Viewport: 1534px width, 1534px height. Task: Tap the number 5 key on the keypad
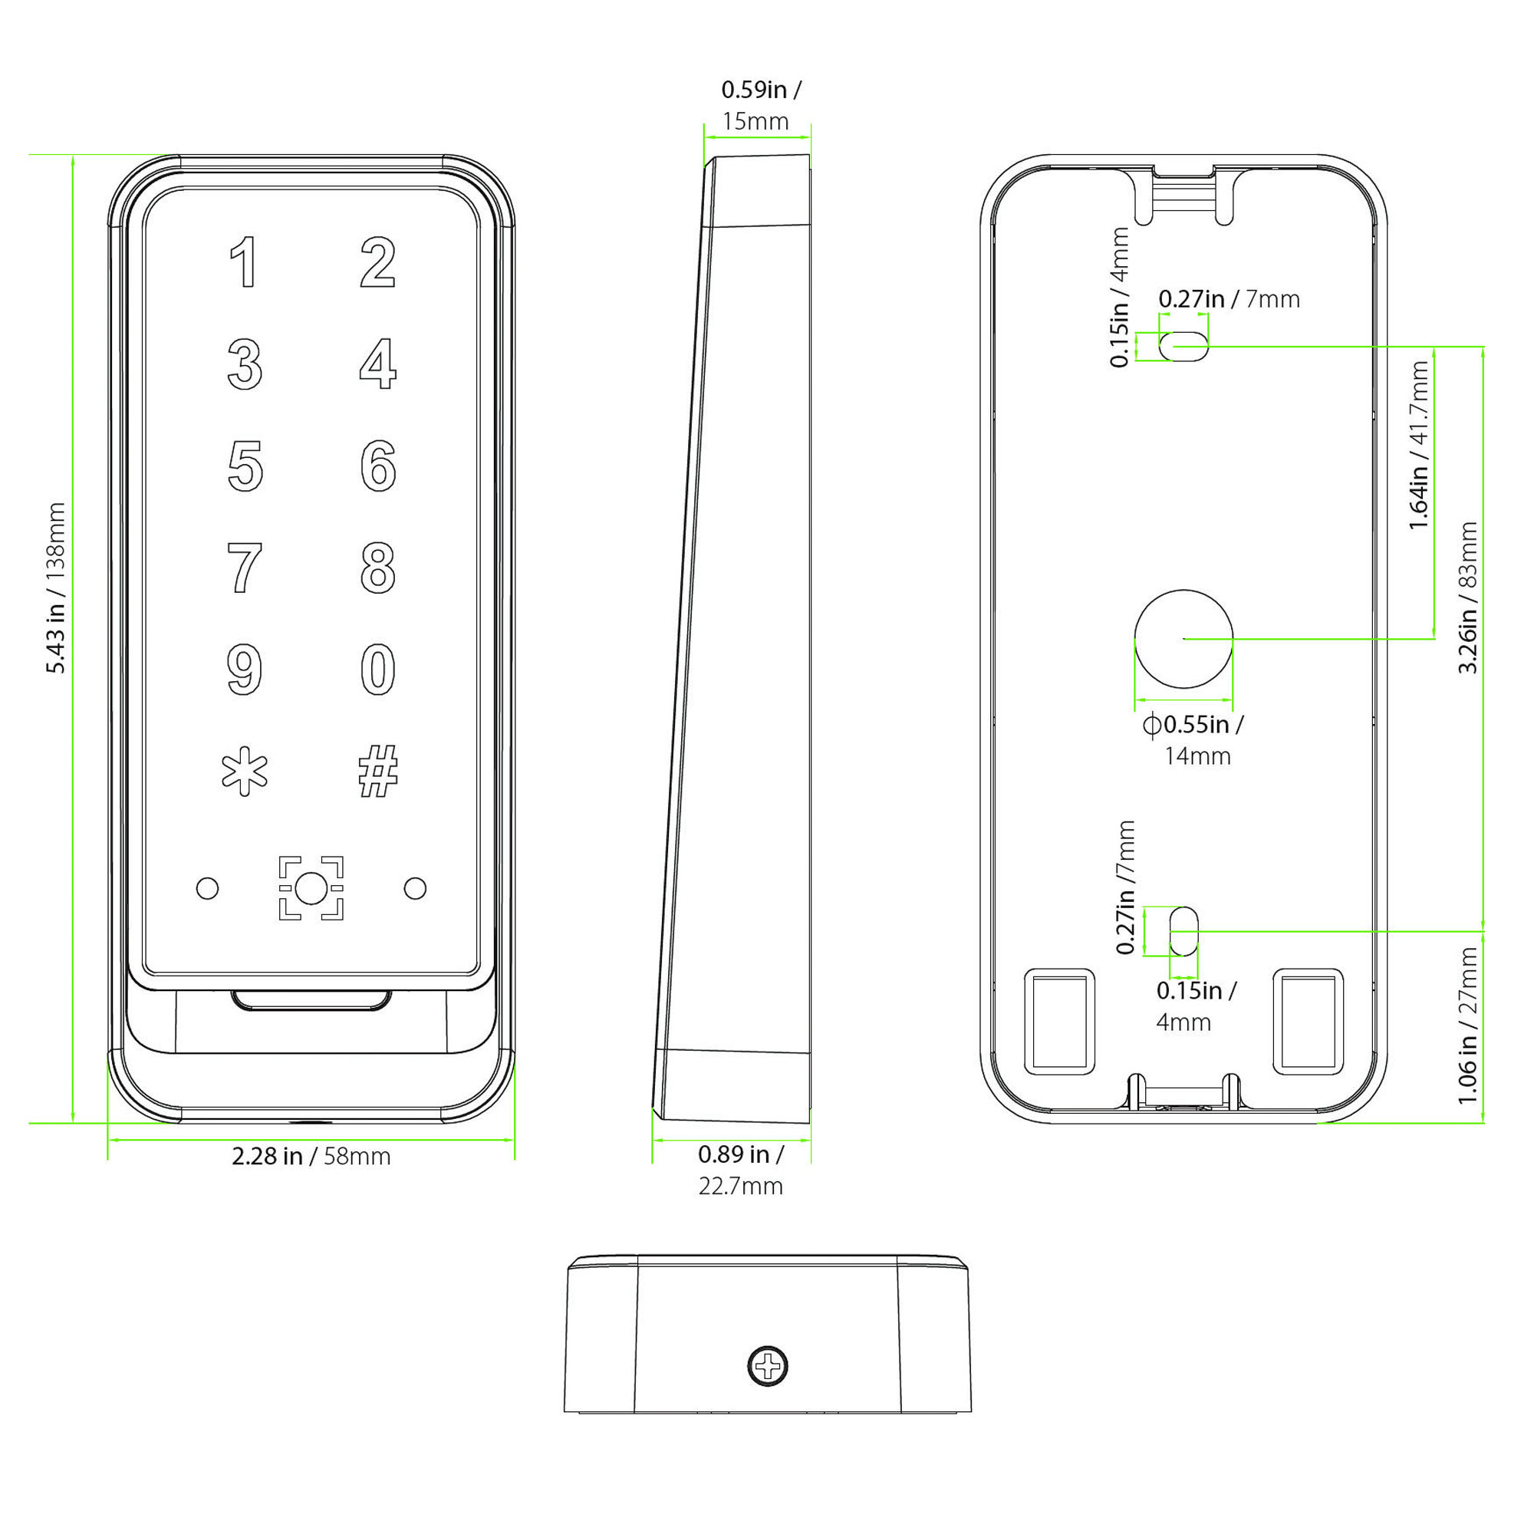(x=245, y=466)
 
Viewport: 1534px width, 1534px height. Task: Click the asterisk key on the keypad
(x=245, y=771)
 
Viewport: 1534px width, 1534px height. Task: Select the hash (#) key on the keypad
(x=378, y=771)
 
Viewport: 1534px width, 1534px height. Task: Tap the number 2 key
(x=378, y=262)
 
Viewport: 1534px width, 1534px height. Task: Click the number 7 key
(x=245, y=568)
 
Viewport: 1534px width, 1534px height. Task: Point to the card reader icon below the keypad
(x=311, y=887)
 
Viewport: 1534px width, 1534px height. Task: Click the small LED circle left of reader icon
(x=207, y=887)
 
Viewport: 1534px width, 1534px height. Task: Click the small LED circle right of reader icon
(x=415, y=887)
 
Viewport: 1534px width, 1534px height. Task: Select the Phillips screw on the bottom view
(x=768, y=1367)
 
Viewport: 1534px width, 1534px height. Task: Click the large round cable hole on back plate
(x=1183, y=638)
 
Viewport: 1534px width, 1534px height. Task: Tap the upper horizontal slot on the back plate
(x=1183, y=346)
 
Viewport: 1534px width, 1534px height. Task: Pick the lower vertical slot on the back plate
(x=1183, y=931)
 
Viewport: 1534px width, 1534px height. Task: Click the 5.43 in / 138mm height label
(x=55, y=588)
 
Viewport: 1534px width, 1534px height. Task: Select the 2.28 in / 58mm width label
(x=311, y=1156)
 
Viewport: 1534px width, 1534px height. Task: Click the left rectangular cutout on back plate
(x=1059, y=1022)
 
